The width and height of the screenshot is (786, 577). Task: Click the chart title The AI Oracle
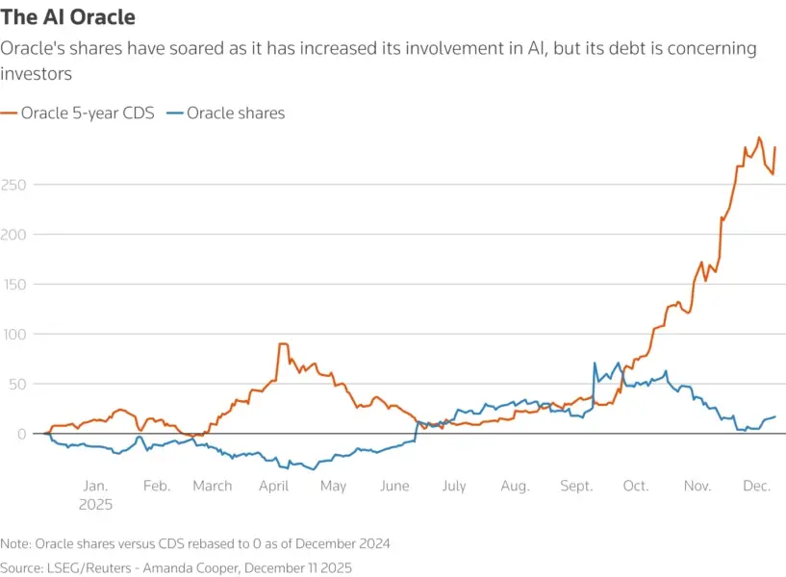click(x=67, y=17)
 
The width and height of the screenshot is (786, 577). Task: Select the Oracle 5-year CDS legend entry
click(x=77, y=113)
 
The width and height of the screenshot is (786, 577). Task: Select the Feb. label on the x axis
click(x=157, y=486)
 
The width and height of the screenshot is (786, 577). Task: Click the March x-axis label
click(x=212, y=486)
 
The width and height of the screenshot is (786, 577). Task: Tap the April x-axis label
click(x=274, y=486)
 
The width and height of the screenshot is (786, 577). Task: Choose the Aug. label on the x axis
click(x=515, y=486)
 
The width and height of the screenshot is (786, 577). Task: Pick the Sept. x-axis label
click(x=577, y=486)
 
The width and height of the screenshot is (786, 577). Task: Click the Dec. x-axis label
click(x=757, y=486)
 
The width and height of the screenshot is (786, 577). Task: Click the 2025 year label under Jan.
click(x=96, y=504)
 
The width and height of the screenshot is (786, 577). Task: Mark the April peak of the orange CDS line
click(x=283, y=344)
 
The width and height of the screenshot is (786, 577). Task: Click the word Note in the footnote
click(x=16, y=544)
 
